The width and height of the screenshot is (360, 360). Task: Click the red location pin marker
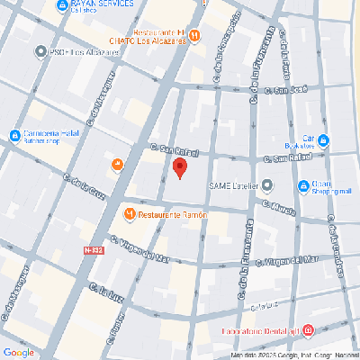point(179,168)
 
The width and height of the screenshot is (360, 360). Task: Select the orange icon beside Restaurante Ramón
point(130,215)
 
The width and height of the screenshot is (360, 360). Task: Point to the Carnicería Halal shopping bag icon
point(14,136)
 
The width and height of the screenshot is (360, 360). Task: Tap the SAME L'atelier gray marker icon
point(266,186)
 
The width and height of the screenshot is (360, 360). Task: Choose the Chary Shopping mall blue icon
point(303,186)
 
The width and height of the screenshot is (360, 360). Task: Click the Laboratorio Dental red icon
point(308,330)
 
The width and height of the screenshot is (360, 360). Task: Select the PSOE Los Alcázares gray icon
point(40,52)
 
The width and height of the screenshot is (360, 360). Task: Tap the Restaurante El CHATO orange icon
point(194,36)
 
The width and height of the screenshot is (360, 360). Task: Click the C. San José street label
point(269,89)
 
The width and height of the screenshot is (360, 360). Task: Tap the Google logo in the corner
point(18,352)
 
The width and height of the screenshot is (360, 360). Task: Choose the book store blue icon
point(323,141)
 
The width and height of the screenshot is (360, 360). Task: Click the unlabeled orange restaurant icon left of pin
point(117,165)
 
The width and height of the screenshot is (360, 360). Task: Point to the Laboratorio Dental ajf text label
point(261,330)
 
